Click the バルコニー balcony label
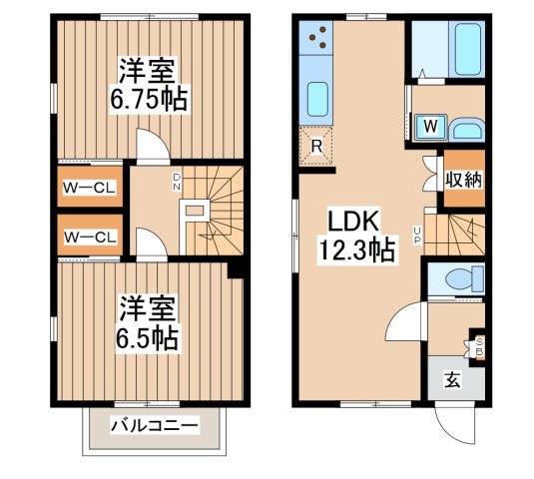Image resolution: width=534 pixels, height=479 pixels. pos(155,425)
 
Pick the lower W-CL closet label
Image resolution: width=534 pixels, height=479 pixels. pos(91,237)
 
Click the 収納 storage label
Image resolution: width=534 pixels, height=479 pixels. pos(463,180)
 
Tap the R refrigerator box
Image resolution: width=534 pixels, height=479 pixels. pos(316,148)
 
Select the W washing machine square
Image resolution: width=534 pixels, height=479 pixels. pos(429,127)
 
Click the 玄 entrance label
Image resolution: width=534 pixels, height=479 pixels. pos(452,380)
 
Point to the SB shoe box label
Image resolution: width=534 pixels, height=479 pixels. pos(477,346)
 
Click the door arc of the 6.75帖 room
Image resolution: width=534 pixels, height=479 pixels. pos(151,147)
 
